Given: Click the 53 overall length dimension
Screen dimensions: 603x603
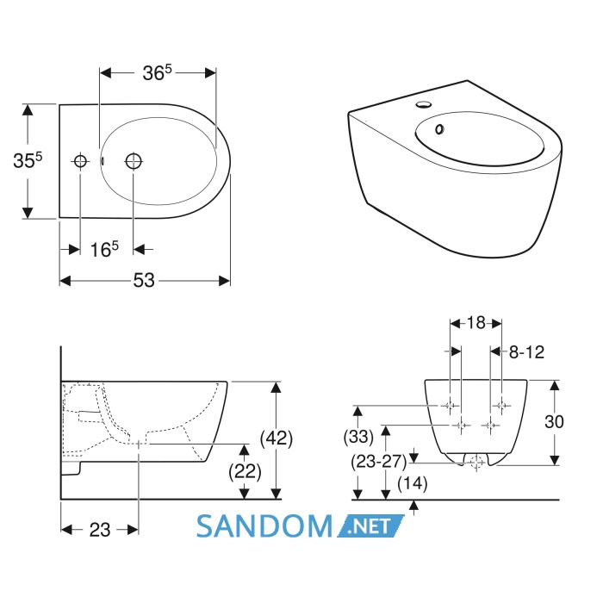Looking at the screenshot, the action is pos(144,280).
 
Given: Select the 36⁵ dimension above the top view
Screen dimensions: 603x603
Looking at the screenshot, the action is pos(158,72).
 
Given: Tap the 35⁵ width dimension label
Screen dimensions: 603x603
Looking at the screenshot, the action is pos(28,160).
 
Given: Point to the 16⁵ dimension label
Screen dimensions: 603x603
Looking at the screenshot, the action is pos(104,249).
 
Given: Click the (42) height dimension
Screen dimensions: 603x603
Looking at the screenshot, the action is pos(277,438).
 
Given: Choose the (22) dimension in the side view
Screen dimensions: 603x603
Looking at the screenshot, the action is pos(245,471).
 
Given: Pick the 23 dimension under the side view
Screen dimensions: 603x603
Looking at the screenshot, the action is pos(100,530).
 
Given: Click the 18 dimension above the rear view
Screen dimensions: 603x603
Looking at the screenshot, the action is pos(476,323).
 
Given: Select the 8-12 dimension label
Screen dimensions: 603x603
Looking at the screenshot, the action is pos(526,351).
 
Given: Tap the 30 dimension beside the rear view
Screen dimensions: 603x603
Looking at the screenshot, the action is pos(554,422).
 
